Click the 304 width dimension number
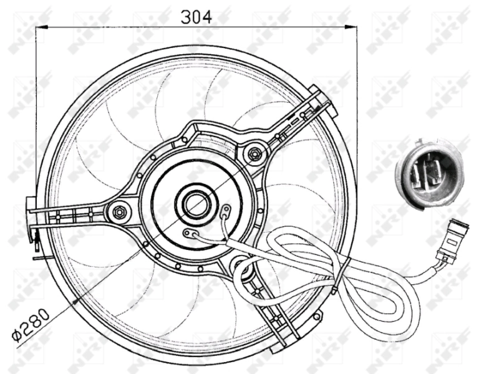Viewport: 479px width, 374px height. [196, 17]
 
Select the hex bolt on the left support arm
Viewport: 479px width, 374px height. [117, 212]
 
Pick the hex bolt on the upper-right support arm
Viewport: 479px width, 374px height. [254, 152]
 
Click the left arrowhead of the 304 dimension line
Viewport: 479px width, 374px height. [39, 27]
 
